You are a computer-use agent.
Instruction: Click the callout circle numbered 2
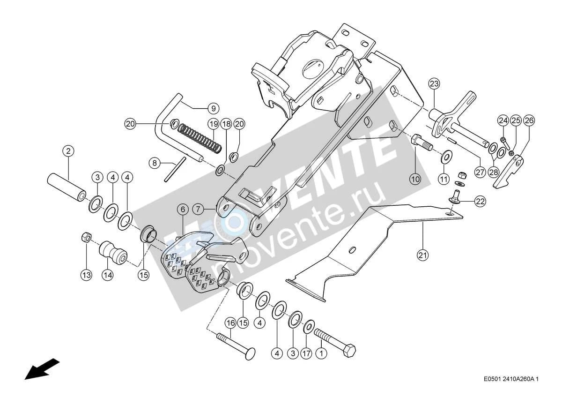click(68, 151)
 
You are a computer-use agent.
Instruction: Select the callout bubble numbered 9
click(214, 109)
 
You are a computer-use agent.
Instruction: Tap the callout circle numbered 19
click(214, 124)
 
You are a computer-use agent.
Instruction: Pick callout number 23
click(434, 83)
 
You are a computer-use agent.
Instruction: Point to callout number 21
click(423, 255)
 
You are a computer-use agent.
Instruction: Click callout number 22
click(480, 202)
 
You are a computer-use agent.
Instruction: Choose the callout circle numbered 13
click(86, 275)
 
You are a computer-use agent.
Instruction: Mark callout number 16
click(230, 323)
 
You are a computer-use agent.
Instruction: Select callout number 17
click(306, 354)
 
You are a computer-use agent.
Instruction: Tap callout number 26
click(529, 120)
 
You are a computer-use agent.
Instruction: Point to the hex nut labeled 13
click(87, 237)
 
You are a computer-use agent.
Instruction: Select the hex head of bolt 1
click(349, 350)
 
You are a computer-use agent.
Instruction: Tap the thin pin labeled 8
click(175, 169)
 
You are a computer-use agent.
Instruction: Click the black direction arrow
click(42, 369)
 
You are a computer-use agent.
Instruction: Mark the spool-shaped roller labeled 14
click(113, 252)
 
